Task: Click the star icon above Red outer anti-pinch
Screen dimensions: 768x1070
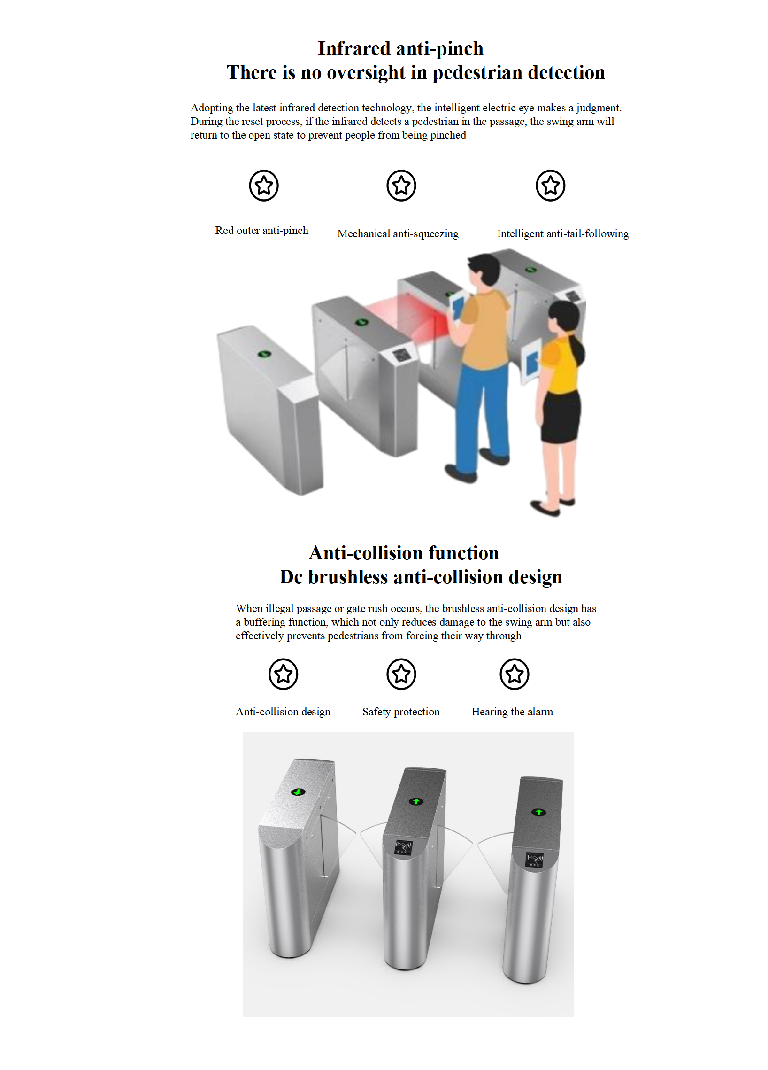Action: point(263,186)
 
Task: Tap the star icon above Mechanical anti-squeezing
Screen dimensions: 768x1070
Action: point(401,186)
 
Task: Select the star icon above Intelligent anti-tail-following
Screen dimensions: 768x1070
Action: point(550,186)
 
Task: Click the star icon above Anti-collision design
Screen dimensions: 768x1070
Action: point(284,674)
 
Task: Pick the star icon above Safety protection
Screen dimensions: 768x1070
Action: point(401,674)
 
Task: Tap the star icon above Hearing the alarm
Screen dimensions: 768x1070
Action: point(515,674)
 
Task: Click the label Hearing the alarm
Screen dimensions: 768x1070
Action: point(512,712)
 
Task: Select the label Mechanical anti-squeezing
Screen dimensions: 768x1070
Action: point(398,233)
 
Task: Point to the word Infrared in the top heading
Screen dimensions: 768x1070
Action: point(354,48)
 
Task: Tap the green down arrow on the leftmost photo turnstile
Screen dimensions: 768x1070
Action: point(299,791)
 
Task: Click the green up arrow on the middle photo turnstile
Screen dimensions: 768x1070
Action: point(416,801)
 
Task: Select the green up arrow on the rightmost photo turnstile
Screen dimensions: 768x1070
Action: point(539,812)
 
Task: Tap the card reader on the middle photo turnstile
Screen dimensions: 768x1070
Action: point(404,846)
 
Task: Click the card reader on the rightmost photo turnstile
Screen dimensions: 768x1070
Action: point(535,859)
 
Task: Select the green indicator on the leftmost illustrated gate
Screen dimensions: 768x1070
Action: point(264,354)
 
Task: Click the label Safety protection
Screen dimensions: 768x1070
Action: point(401,712)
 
